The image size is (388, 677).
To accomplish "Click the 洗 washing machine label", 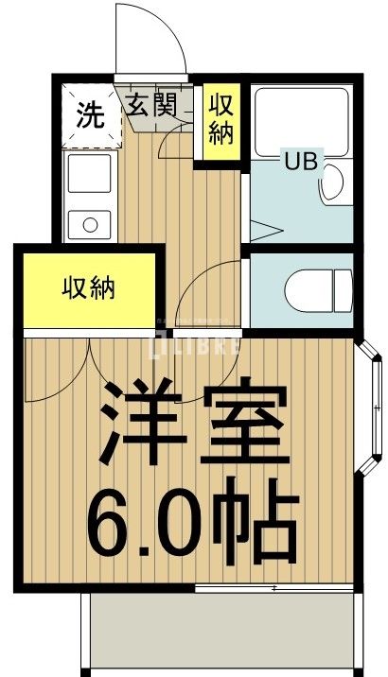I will click(x=90, y=115).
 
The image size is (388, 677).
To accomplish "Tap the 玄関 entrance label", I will click(x=151, y=105).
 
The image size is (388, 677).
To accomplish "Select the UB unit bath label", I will click(x=302, y=160).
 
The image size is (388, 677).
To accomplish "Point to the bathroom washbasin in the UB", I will click(x=334, y=184).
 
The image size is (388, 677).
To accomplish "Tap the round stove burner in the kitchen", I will click(x=90, y=226).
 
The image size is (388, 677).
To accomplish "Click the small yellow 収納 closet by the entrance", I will click(x=221, y=119).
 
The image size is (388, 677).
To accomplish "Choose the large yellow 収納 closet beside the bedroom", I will click(x=90, y=287).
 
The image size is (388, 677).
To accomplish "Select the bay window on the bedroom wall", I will click(x=370, y=407).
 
